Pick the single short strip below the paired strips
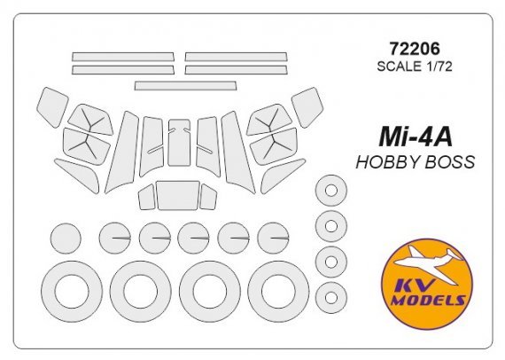pos(185,86)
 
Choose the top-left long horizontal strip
pos(123,57)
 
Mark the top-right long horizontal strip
pos(237,57)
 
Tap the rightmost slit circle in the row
pos(273,238)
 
